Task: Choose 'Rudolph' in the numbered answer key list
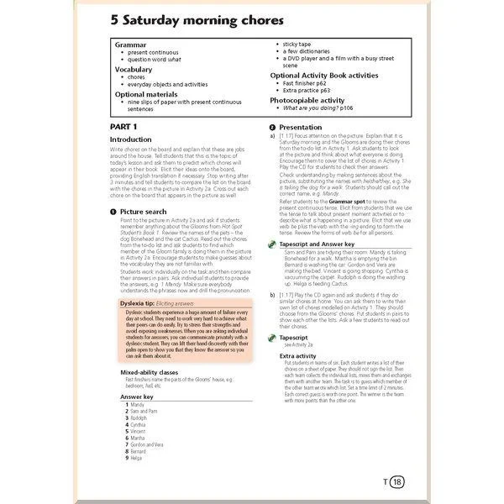point(139,417)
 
